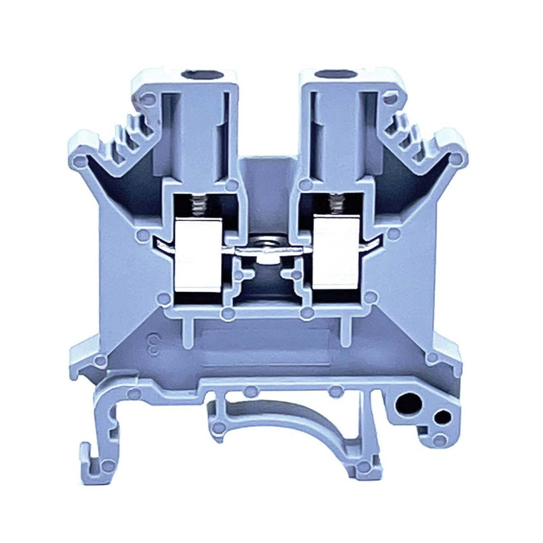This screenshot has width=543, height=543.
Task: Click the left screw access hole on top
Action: click(197, 72)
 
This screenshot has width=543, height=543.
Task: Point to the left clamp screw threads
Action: click(197, 206)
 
